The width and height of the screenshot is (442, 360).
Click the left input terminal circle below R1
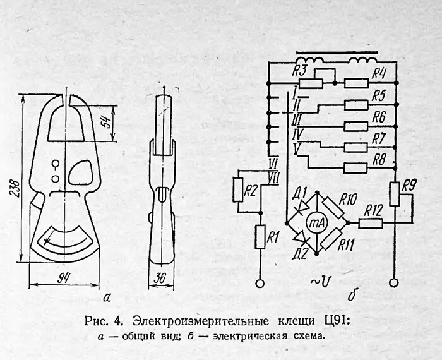click(259, 284)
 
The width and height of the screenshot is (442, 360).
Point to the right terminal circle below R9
click(394, 284)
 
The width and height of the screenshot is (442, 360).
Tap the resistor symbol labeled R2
click(238, 189)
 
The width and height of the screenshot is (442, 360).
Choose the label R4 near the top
click(378, 73)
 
